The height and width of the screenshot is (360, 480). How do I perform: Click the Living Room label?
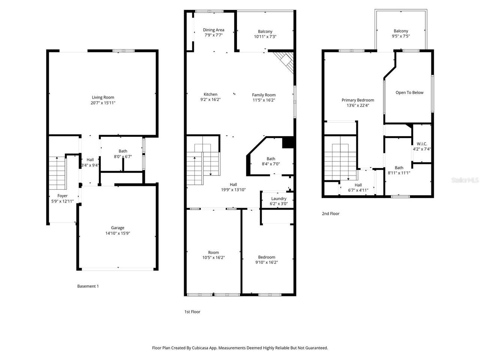[x=103, y=97]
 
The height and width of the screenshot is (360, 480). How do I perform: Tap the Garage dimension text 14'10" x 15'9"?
[x=117, y=233]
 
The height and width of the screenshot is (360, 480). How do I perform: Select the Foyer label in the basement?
[x=63, y=196]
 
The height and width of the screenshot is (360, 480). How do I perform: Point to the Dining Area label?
[x=214, y=30]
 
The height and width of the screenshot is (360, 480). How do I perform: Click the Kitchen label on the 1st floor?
[x=210, y=94]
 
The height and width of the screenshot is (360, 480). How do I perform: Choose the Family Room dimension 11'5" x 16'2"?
[x=264, y=100]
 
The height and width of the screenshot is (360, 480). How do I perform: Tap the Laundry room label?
[x=279, y=199]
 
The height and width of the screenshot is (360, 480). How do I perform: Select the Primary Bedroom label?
[x=358, y=100]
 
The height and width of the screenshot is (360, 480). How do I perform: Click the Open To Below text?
[x=409, y=93]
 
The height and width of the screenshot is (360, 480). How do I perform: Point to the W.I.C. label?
[x=422, y=144]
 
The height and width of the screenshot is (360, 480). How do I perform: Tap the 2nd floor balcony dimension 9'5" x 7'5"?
[x=401, y=36]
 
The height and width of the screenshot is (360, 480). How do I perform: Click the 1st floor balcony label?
[x=265, y=31]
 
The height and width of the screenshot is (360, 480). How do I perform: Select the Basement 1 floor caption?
[x=88, y=286]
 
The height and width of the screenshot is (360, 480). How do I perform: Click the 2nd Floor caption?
[x=330, y=214]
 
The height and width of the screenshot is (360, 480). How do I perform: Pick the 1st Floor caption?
[x=192, y=312]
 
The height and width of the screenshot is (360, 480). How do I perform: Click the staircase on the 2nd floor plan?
[x=340, y=159]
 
